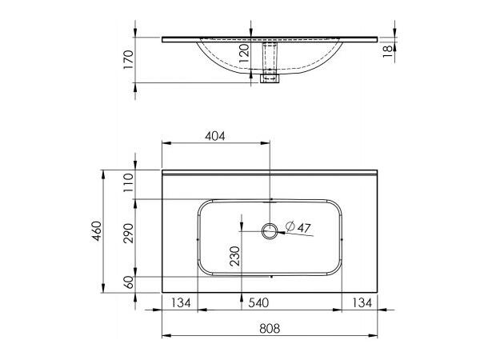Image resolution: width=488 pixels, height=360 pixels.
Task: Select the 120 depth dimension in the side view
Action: pyautogui.click(x=246, y=55)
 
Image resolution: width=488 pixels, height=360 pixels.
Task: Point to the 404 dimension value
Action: pyautogui.click(x=214, y=135)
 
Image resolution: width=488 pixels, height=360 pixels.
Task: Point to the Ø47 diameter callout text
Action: pyautogui.click(x=298, y=226)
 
